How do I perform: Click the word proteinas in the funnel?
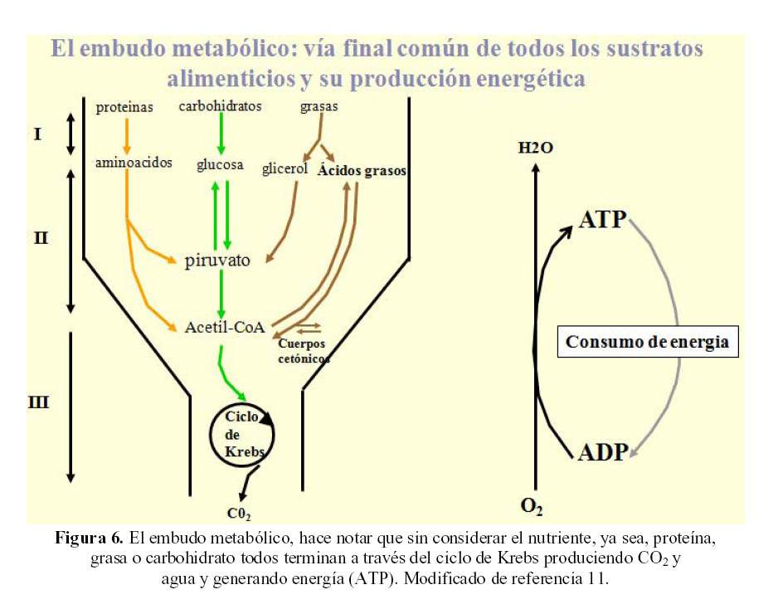(124, 108)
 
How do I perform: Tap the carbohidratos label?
(221, 106)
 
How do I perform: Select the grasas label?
(319, 107)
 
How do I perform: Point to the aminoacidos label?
(134, 163)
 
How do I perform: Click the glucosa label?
(220, 165)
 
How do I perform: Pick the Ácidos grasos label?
(362, 171)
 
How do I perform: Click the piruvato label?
(217, 260)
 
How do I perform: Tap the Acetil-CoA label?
(225, 327)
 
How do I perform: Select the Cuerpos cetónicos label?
(303, 351)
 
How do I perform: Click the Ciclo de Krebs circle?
(242, 436)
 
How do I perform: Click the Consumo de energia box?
(647, 342)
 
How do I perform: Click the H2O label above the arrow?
(535, 149)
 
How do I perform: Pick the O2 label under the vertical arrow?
(532, 505)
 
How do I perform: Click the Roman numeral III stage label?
(38, 403)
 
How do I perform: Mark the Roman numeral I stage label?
(37, 133)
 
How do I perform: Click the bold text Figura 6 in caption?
(90, 538)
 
